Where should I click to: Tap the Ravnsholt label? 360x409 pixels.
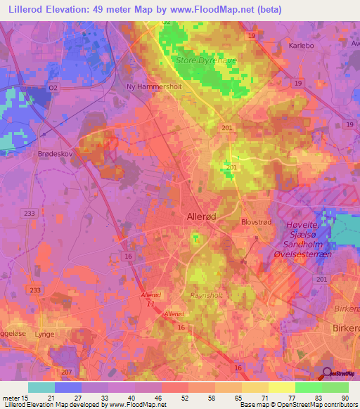point(206,296)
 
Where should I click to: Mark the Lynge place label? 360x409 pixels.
point(45,335)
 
